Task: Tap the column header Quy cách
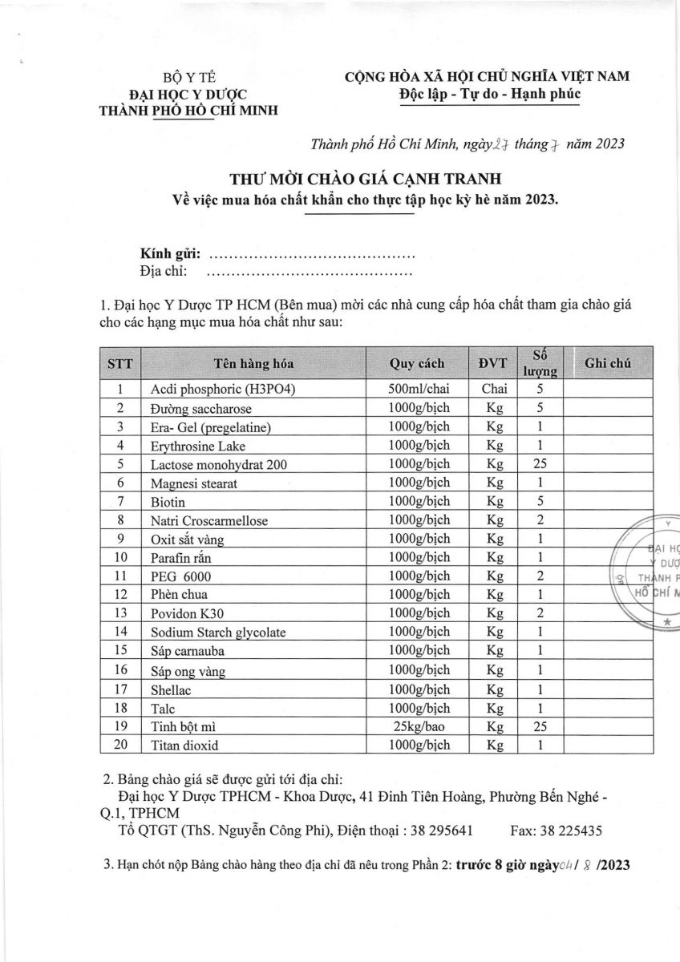click(416, 363)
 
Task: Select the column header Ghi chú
click(607, 363)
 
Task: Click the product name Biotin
click(168, 503)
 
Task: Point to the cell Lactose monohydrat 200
click(218, 464)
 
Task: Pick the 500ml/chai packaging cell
click(416, 389)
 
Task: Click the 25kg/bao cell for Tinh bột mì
click(416, 726)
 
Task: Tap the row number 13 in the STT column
click(119, 613)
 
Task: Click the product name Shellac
click(171, 689)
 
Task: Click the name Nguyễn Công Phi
click(265, 831)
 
